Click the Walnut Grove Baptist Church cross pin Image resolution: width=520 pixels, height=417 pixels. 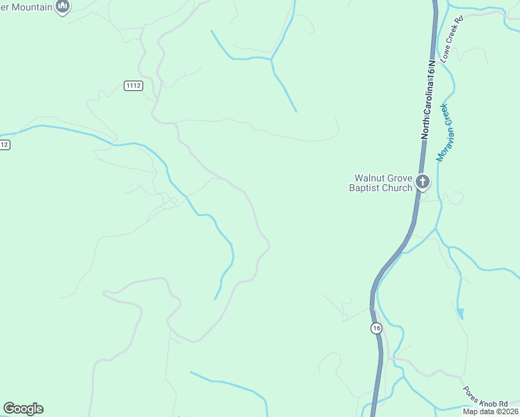coord(422,182)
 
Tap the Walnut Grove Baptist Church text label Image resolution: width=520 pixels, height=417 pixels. coord(380,182)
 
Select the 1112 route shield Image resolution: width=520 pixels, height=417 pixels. coord(133,85)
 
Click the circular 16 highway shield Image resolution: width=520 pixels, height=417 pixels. coord(376,328)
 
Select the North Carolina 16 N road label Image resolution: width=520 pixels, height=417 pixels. coord(430,100)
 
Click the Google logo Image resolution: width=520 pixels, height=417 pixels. coord(23,409)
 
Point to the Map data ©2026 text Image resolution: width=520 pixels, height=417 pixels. coord(490,411)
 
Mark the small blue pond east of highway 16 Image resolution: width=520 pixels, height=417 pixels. coord(460,314)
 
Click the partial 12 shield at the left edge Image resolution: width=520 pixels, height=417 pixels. coord(4,145)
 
